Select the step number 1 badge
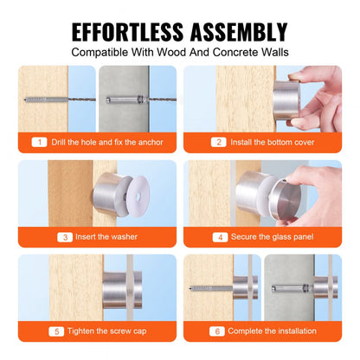click(40, 142)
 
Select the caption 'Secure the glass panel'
click(271, 236)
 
